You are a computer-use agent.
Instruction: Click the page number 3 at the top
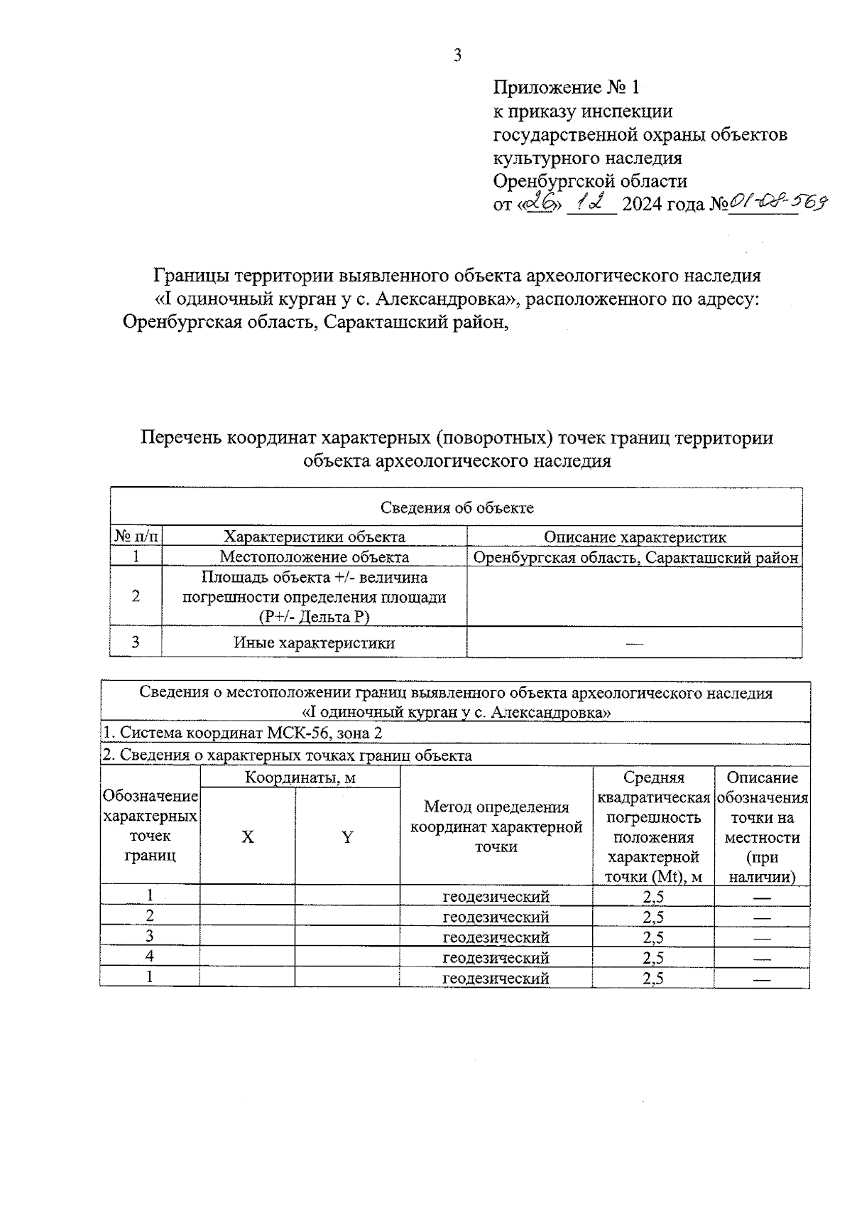click(x=457, y=55)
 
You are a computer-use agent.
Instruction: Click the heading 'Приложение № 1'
click(x=567, y=87)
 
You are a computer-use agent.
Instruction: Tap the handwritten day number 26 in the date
click(x=542, y=203)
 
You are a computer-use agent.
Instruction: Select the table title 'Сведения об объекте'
click(x=457, y=507)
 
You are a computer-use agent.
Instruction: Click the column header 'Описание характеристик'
click(x=635, y=537)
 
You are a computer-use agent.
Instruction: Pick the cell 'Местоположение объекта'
click(x=314, y=557)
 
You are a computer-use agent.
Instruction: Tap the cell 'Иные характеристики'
click(x=314, y=643)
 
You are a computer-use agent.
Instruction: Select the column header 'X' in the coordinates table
click(x=247, y=837)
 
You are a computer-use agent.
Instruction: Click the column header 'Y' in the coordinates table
click(x=347, y=837)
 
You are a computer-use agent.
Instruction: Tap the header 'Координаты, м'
click(x=300, y=777)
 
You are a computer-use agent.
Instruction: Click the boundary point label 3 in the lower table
click(x=150, y=936)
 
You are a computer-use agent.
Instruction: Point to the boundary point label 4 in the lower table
click(x=150, y=957)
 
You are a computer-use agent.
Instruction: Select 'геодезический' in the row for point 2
click(x=496, y=917)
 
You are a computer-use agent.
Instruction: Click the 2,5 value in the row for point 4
click(x=653, y=957)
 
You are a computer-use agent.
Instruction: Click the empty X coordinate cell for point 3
click(x=247, y=937)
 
